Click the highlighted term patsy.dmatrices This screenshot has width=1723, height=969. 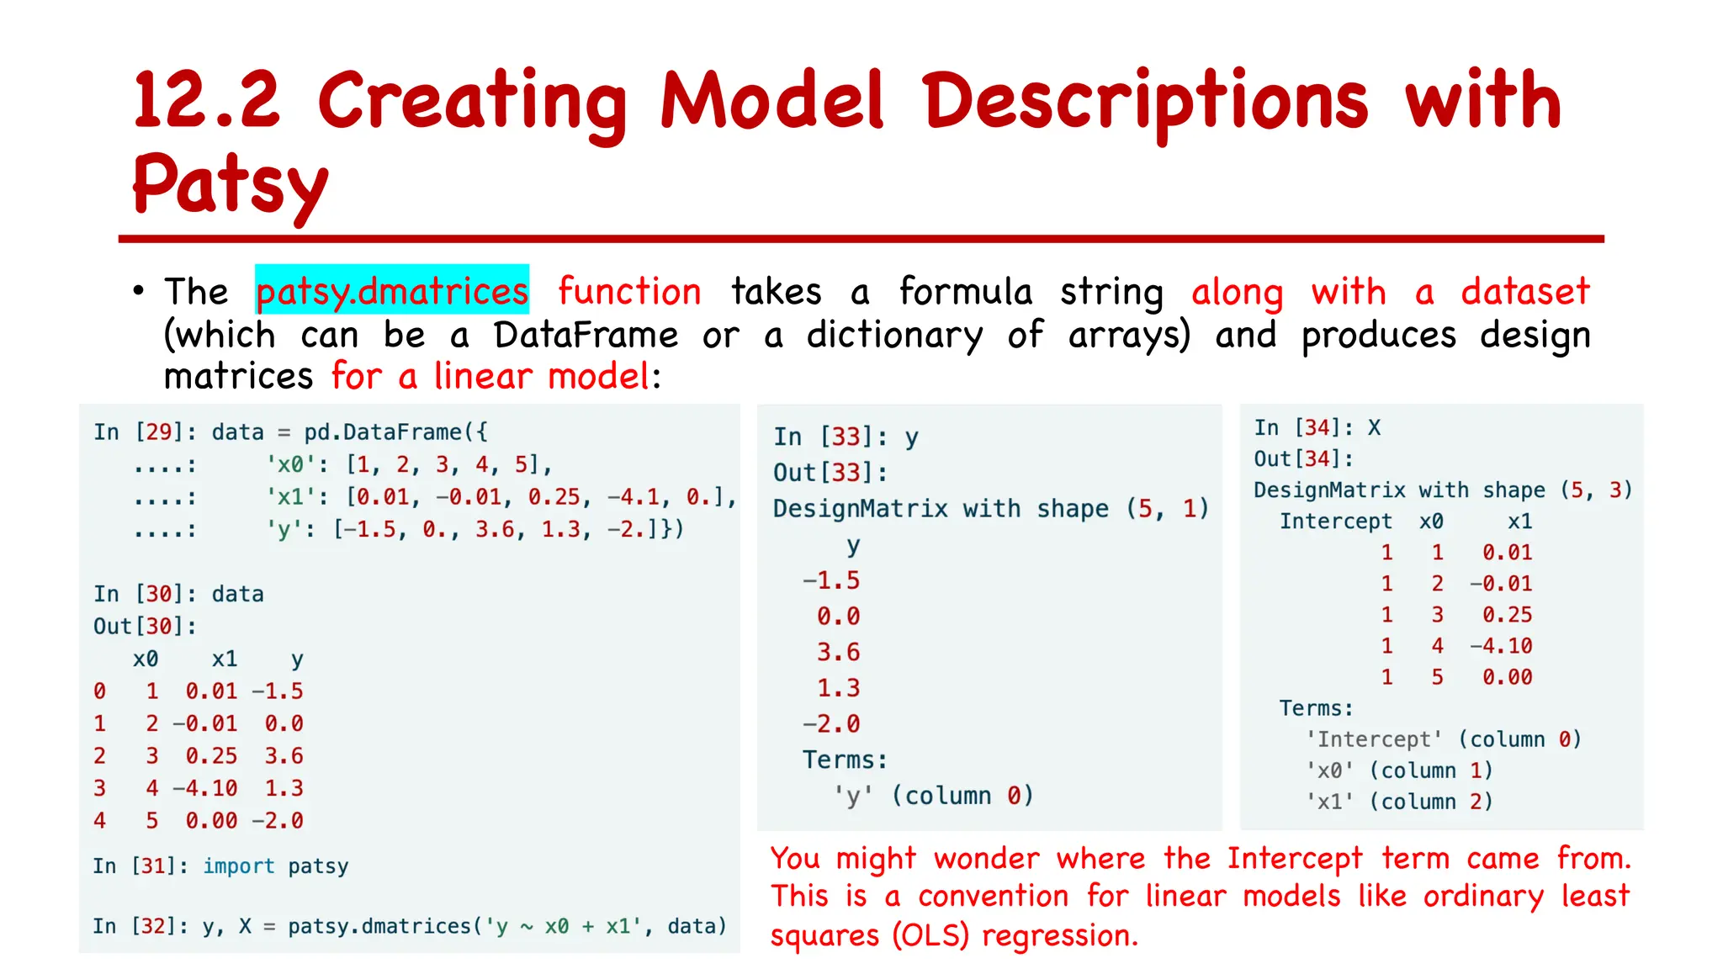pos(392,291)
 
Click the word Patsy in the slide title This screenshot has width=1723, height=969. pos(230,185)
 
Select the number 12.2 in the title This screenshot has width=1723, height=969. pos(207,101)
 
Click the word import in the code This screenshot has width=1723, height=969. pos(239,866)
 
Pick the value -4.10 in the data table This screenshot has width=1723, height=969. pos(205,788)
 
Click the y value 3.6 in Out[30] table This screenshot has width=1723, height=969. pos(284,755)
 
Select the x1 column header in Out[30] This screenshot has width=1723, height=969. pos(224,659)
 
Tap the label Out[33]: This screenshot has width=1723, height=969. pos(830,473)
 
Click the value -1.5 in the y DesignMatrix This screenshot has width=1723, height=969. pos(830,580)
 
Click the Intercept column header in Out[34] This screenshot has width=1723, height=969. pos(1335,522)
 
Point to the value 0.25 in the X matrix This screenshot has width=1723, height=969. pos(1507,615)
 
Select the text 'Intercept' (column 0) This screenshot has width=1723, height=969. pos(1443,739)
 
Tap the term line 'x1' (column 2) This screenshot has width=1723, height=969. pos(1398,802)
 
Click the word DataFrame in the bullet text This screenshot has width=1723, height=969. pos(586,335)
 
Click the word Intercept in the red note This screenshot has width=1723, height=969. pos(1293,859)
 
